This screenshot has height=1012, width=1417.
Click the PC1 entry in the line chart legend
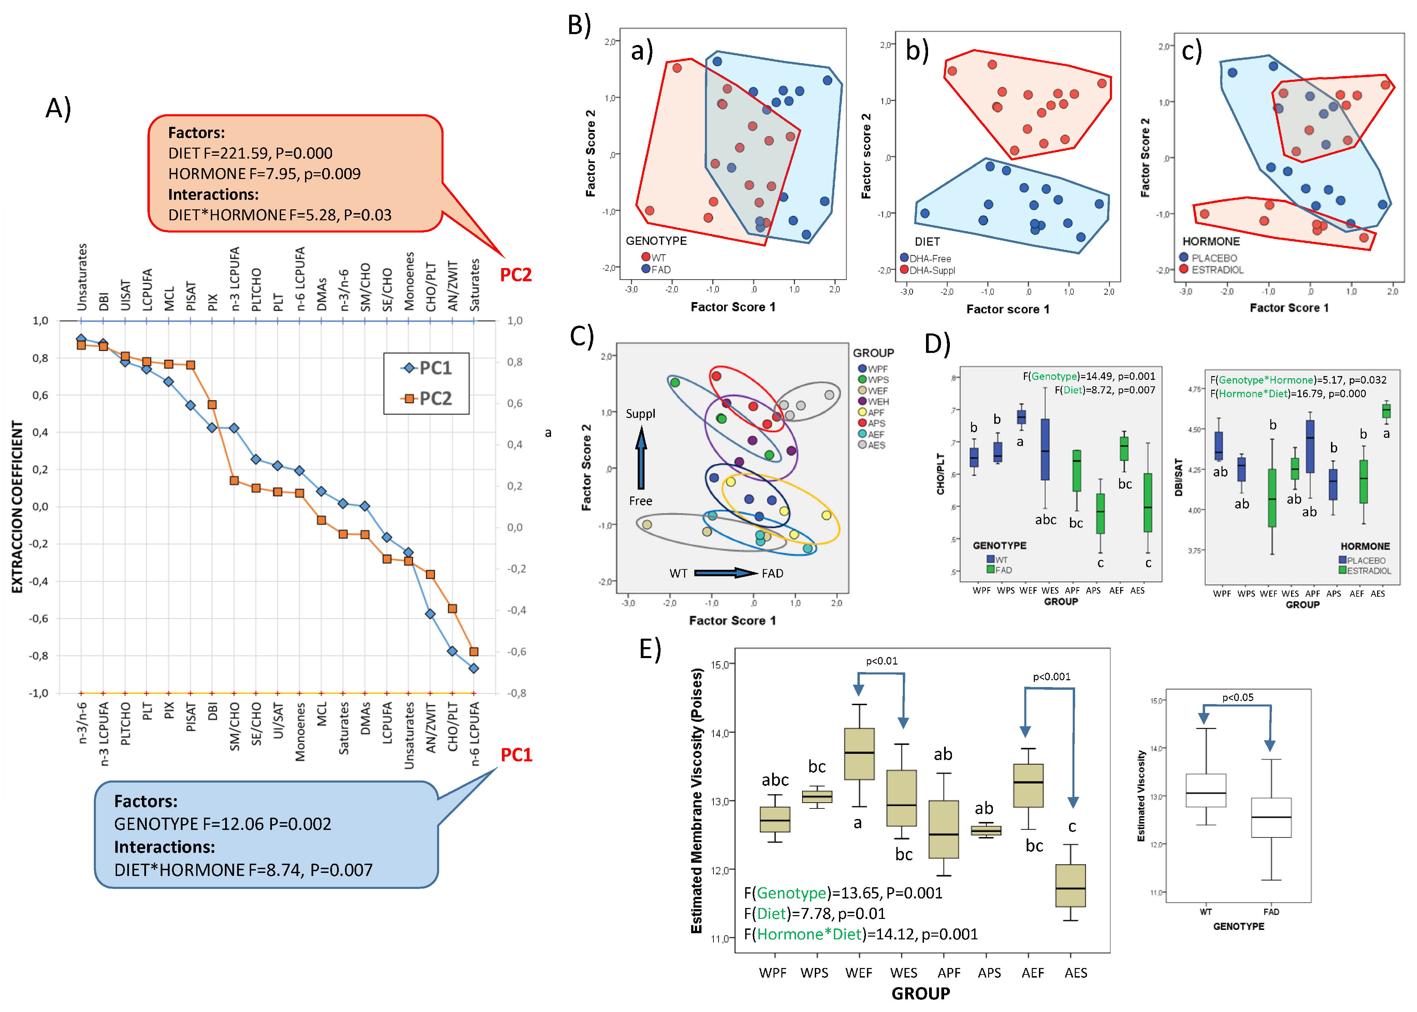click(x=428, y=368)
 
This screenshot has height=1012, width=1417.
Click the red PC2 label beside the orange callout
click(x=516, y=275)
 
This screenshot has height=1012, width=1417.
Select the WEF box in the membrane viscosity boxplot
click(x=859, y=754)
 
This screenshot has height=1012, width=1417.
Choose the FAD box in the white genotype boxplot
click(x=1271, y=817)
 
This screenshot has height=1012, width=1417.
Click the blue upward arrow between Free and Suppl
click(x=641, y=458)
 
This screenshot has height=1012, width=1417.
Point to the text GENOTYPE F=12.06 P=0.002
click(x=222, y=824)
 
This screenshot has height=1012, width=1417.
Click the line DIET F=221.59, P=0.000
click(x=250, y=153)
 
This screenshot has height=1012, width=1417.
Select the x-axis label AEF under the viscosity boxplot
click(x=1032, y=973)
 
